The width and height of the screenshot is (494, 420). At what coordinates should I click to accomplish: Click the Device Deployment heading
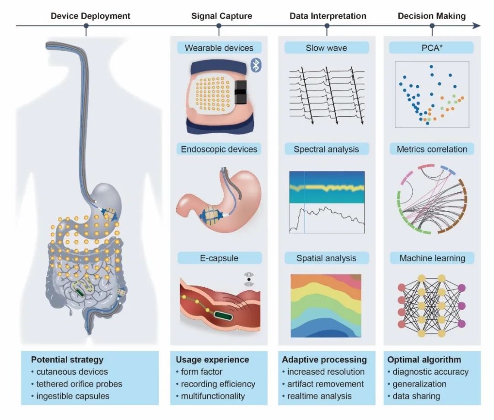[90, 16]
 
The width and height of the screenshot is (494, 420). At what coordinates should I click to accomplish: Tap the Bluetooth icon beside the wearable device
[256, 66]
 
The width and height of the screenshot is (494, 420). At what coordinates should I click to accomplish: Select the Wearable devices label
[219, 48]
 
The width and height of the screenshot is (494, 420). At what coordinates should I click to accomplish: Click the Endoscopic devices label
[219, 149]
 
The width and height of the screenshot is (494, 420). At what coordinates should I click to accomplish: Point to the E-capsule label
[219, 258]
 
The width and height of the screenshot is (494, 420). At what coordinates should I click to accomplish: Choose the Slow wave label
[327, 48]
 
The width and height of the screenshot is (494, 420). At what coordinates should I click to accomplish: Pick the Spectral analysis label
[327, 149]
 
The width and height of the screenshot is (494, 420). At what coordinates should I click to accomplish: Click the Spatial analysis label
[327, 258]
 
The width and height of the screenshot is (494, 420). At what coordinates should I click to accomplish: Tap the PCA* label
[432, 48]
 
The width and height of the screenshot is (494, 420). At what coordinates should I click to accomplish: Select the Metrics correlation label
[432, 149]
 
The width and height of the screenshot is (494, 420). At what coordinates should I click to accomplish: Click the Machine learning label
[432, 258]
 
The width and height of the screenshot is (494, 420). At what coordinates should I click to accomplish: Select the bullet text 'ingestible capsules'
[73, 396]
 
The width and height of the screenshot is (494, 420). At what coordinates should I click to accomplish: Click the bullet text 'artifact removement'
[323, 384]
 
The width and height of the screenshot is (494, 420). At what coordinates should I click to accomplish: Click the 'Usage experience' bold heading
[212, 360]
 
